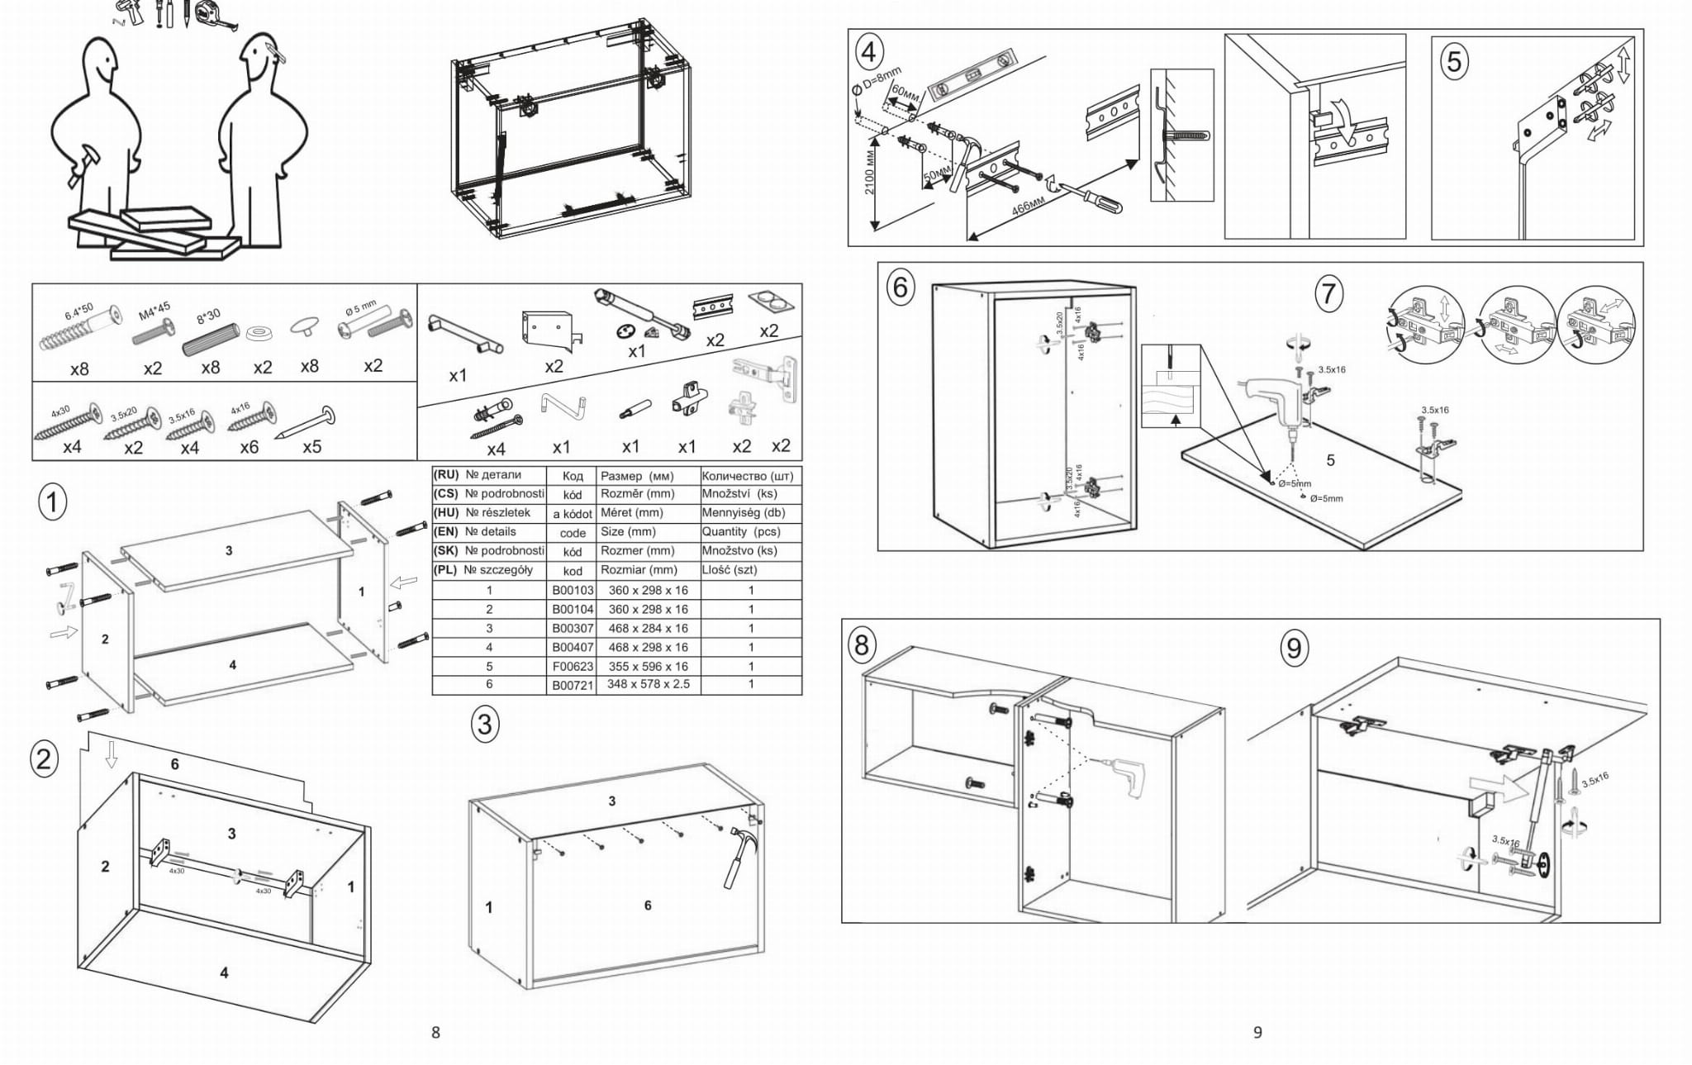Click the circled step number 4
point(867,52)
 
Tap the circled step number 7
point(1328,293)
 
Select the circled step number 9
point(1295,648)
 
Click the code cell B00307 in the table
point(573,629)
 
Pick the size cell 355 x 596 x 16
point(648,667)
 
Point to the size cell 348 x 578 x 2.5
point(648,685)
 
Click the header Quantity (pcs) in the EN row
point(741,532)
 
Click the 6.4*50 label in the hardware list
point(79,312)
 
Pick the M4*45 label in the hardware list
point(154,311)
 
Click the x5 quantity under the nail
point(311,447)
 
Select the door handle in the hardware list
point(465,332)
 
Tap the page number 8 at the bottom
point(436,1032)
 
